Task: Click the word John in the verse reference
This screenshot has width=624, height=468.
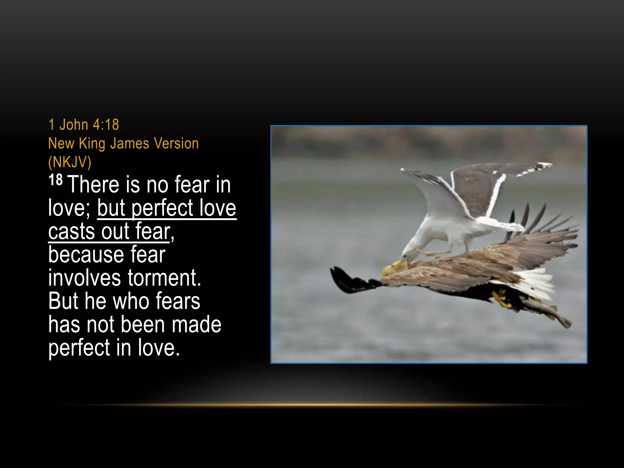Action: tap(74, 125)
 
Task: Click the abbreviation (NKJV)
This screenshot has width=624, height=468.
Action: tap(70, 162)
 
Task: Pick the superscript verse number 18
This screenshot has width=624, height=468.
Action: tap(55, 180)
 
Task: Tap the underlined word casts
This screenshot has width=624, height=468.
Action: tap(72, 231)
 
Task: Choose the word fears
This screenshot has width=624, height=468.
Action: tap(178, 301)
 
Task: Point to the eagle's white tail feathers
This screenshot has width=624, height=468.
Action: tap(536, 282)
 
